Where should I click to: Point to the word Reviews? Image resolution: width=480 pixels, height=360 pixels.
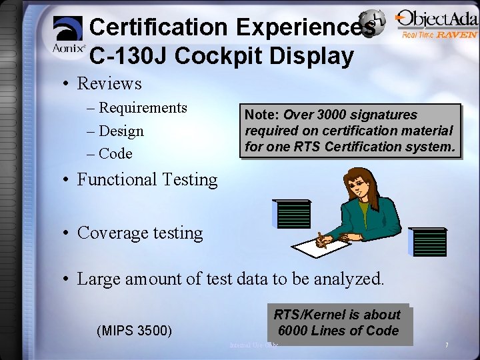click(109, 83)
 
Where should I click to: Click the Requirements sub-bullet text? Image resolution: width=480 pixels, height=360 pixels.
click(143, 108)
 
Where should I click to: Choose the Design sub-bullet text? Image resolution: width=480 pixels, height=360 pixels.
click(121, 131)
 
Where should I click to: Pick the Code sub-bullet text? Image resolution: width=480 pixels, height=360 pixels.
click(115, 153)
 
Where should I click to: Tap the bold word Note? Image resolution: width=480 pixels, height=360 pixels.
click(259, 115)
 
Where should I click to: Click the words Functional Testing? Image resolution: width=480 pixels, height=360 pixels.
click(147, 179)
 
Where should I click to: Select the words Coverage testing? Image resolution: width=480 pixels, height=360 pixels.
click(140, 233)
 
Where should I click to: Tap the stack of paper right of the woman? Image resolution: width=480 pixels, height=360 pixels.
click(429, 242)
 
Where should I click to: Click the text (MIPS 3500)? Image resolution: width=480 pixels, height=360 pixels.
click(135, 330)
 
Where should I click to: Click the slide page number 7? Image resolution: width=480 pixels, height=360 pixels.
click(446, 345)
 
